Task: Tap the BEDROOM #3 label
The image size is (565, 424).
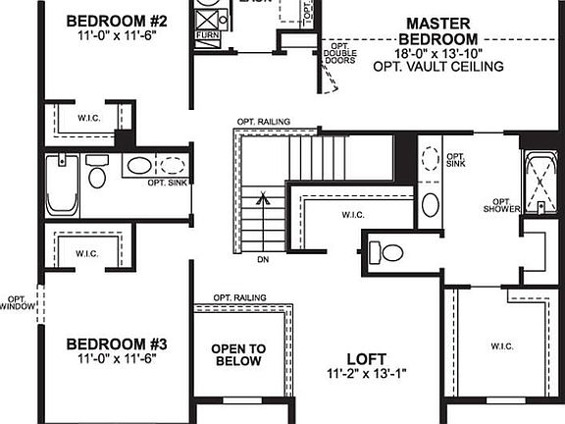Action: tap(118, 344)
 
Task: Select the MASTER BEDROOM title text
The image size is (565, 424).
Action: tap(438, 30)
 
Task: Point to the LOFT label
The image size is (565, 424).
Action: tap(366, 358)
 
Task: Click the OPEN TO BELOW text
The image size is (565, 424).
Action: tap(238, 354)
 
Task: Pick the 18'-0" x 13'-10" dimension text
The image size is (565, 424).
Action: tap(438, 53)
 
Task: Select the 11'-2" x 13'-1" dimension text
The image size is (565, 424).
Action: tap(366, 374)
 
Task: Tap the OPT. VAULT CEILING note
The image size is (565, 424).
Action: tap(438, 67)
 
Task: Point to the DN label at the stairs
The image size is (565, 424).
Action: tap(263, 259)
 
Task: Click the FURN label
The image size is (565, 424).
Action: tap(208, 34)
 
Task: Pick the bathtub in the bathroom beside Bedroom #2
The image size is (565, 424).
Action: tap(62, 185)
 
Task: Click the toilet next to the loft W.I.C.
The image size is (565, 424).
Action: tap(390, 253)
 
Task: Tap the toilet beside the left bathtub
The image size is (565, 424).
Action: tap(97, 177)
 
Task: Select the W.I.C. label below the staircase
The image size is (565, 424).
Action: tap(354, 214)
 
